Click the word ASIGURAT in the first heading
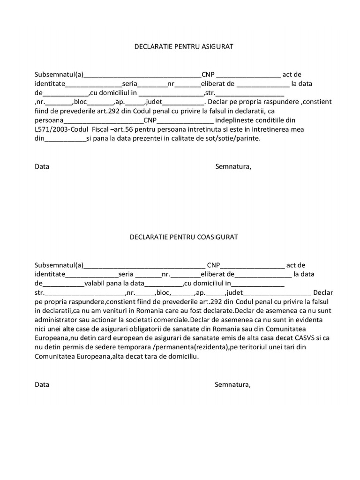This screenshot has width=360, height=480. pyautogui.click(x=217, y=46)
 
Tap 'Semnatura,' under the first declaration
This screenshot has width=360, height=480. pyautogui.click(x=233, y=166)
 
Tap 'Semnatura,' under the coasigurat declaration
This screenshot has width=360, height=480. pyautogui.click(x=233, y=385)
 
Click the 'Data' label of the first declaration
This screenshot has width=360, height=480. pyautogui.click(x=42, y=166)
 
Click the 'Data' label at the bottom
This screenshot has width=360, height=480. pyautogui.click(x=42, y=385)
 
